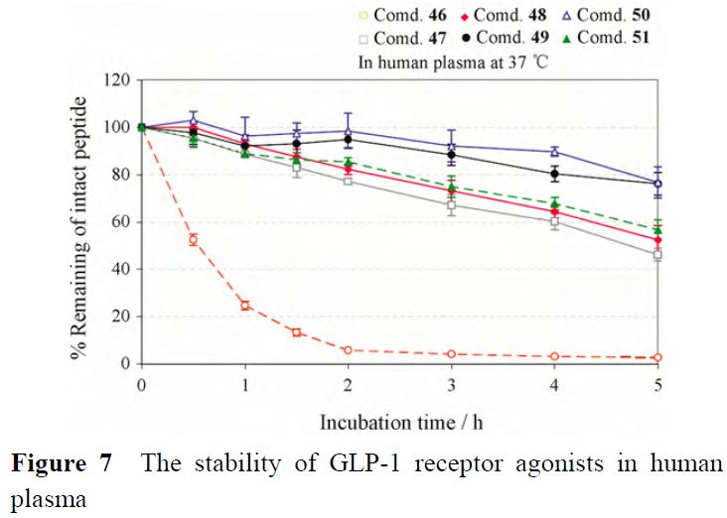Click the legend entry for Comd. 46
point(408,16)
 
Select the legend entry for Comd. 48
point(514,16)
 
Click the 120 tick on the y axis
point(119,80)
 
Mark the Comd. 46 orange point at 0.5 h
point(194,240)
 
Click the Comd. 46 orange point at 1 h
point(245,306)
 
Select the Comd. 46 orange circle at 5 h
point(657,357)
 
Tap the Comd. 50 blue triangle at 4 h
point(554,152)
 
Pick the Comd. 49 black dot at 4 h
point(554,174)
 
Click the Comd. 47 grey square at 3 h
point(452,205)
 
